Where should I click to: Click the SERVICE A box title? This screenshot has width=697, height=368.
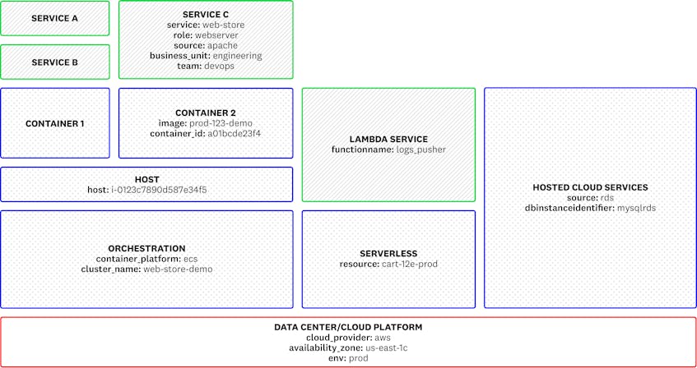(x=54, y=18)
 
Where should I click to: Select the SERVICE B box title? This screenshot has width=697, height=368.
(x=54, y=62)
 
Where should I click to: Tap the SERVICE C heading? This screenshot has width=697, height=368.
(x=206, y=15)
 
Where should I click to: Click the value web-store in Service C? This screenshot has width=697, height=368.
(x=223, y=25)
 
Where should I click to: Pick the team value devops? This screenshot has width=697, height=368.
(x=218, y=66)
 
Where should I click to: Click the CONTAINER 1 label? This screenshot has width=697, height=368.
(x=54, y=123)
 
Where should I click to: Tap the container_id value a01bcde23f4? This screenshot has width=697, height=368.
(x=235, y=133)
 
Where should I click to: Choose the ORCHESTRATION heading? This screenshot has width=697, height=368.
(x=146, y=248)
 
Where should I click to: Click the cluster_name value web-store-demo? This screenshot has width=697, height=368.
(x=178, y=269)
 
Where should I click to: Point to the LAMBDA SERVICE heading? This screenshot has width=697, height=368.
(x=388, y=140)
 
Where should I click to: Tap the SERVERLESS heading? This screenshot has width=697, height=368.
(x=388, y=254)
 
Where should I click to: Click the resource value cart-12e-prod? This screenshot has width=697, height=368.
(x=410, y=264)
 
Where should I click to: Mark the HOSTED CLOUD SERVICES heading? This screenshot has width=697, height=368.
(x=590, y=188)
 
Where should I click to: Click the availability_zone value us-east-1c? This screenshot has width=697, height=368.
(x=380, y=347)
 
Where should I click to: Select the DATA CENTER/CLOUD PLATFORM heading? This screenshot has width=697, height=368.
(x=348, y=327)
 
